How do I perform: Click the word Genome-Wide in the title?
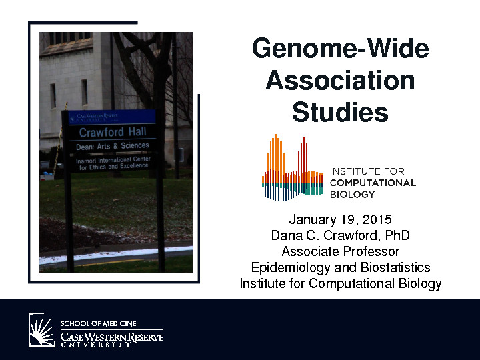pos(341,48)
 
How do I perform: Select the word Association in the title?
pos(340,80)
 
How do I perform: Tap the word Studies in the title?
pos(340,112)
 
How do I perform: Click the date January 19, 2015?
pos(340,219)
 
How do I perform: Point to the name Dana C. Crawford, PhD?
pos(340,235)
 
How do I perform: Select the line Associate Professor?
pos(341,251)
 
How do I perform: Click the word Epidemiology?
pos(291,268)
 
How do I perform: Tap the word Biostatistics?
pos(395,267)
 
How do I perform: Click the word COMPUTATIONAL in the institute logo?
pos(373,183)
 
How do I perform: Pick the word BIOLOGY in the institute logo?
pos(353,195)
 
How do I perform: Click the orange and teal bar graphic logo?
pos(293,168)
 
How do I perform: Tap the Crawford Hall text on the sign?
pos(113,132)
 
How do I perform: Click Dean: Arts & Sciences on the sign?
pos(113,146)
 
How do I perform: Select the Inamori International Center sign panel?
pos(113,163)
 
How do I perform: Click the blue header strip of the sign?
pos(113,117)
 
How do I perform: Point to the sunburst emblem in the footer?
pos(42,330)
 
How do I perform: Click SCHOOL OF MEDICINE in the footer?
pos(98,323)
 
